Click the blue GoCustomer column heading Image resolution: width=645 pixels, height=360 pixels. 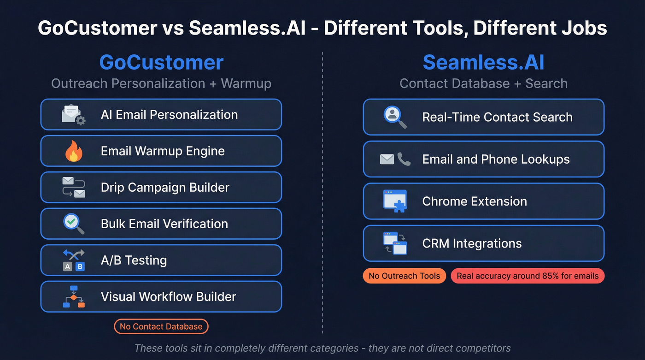[161, 63]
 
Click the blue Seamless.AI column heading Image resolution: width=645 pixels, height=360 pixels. [483, 63]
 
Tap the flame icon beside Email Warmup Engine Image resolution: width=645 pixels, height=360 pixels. [73, 152]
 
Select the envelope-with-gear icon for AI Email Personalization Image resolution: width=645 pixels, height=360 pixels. [73, 115]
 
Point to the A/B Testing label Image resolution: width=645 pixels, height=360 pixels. [134, 260]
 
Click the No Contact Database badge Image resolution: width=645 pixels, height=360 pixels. [161, 326]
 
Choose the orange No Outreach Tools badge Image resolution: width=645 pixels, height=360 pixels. [404, 276]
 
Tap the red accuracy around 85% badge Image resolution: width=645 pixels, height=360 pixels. [528, 276]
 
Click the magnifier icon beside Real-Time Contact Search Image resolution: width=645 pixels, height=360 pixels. [395, 117]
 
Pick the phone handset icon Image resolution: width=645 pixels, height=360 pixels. [404, 159]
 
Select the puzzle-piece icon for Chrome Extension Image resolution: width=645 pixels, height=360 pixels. [395, 201]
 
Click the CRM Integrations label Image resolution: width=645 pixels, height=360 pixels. [472, 243]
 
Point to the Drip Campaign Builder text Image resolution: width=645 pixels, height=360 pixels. [165, 188]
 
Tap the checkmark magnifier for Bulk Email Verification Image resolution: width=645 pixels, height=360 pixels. [73, 224]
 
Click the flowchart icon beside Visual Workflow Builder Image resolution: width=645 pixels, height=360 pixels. [73, 296]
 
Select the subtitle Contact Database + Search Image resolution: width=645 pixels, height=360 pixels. [483, 83]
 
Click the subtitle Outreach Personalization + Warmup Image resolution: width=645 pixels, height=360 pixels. [161, 83]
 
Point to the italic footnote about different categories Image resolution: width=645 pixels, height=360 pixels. [322, 348]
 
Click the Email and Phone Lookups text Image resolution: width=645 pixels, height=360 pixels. [496, 159]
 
